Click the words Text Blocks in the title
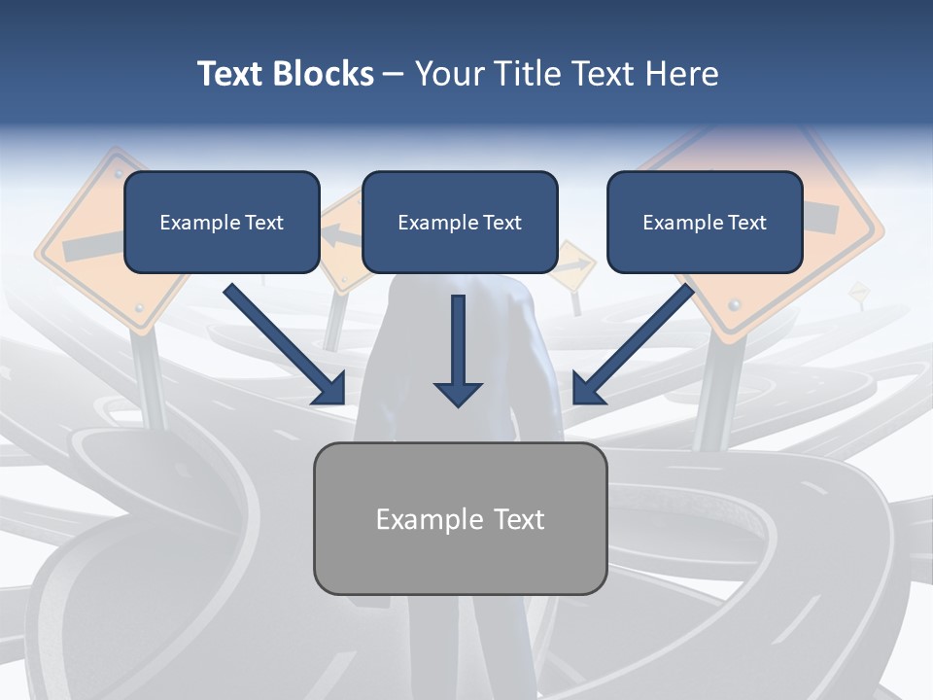point(285,74)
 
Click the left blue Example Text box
point(222,222)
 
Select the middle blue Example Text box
point(460,222)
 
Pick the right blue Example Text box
point(705,222)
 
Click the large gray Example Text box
point(460,518)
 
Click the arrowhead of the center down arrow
point(458,393)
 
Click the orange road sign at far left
point(83,243)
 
